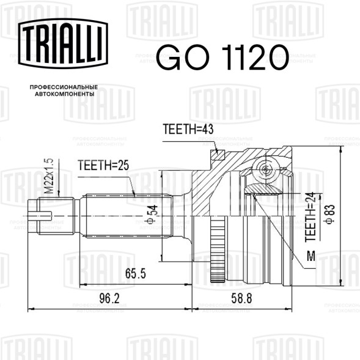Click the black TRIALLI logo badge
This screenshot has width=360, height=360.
(x=63, y=43)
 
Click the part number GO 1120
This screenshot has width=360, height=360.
(x=222, y=57)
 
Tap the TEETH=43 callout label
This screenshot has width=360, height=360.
(x=188, y=129)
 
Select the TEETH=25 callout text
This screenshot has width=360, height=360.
(x=103, y=165)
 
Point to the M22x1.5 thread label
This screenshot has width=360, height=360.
(x=49, y=176)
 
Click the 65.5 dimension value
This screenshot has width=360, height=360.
(x=136, y=273)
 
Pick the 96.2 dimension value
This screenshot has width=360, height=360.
(x=109, y=298)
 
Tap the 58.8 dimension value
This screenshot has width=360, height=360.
(x=241, y=298)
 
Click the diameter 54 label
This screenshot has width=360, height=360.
(x=152, y=214)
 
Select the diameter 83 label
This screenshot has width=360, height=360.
(x=329, y=214)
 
